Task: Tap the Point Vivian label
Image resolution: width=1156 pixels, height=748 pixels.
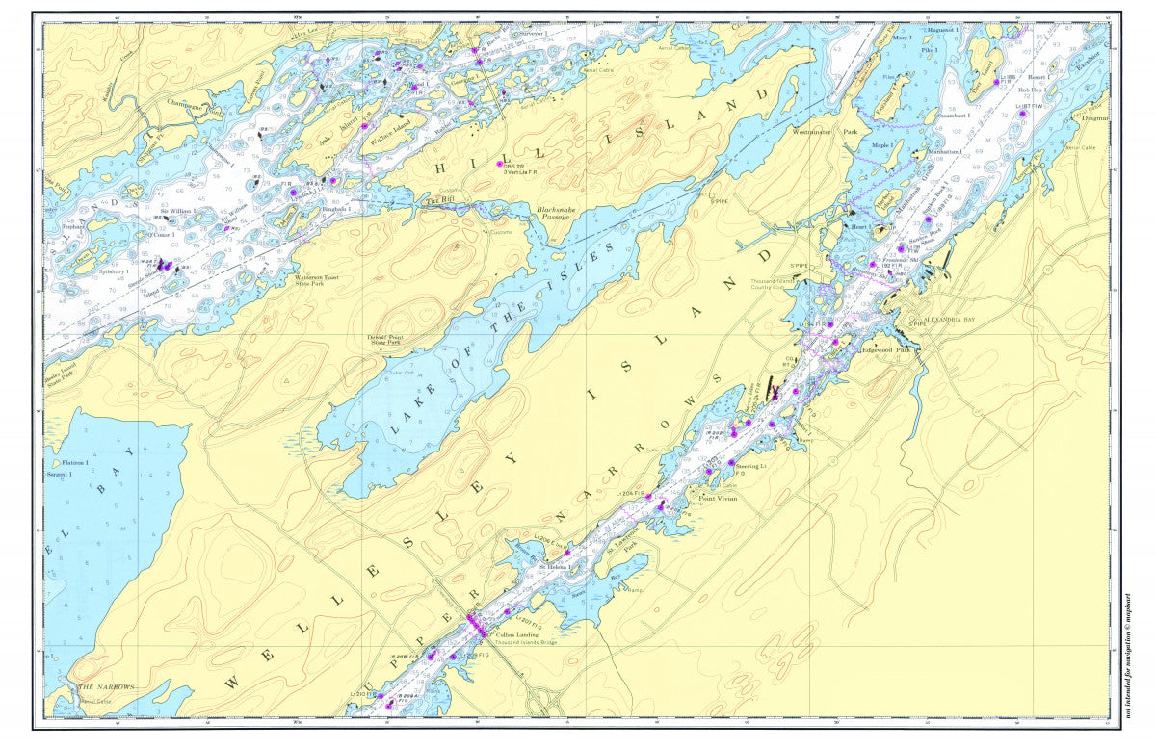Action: tap(721, 499)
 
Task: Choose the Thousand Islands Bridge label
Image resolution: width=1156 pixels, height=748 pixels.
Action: tap(528, 642)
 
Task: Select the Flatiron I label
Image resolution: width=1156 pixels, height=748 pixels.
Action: tap(68, 463)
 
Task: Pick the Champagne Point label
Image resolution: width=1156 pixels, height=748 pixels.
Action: tap(187, 100)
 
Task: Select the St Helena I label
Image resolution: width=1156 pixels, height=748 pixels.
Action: tap(555, 567)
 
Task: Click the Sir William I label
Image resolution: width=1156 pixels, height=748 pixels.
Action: tap(177, 210)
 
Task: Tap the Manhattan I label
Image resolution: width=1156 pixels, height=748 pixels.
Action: tap(944, 152)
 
